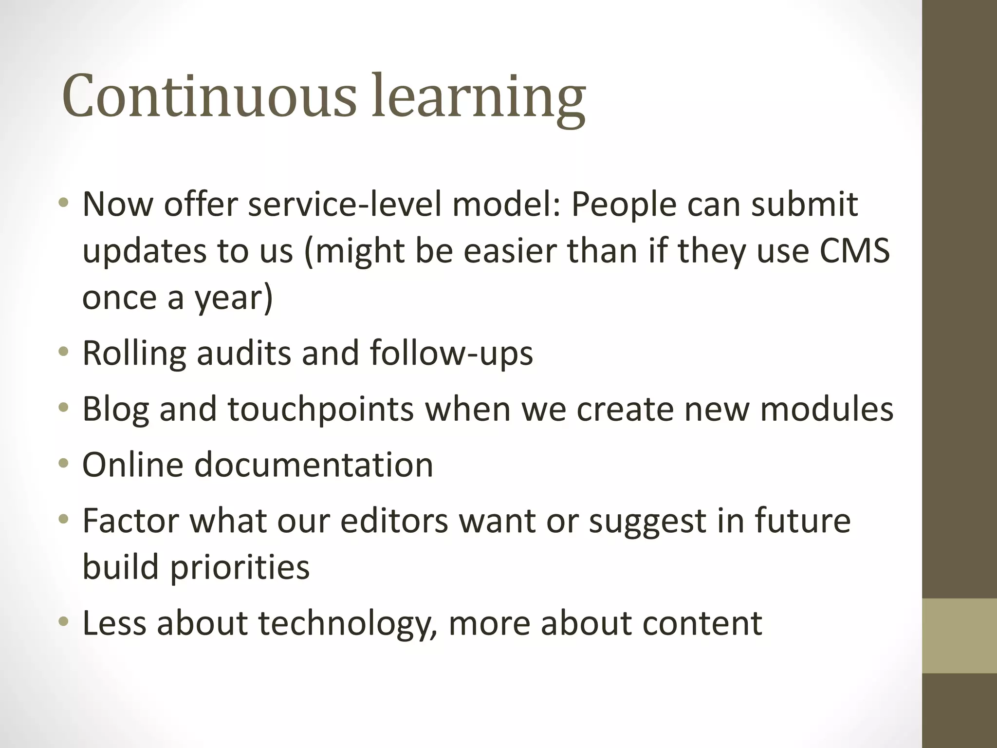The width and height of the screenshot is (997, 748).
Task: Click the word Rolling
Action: [134, 353]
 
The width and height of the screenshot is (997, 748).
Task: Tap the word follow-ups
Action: [451, 353]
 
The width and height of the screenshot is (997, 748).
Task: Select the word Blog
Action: [115, 409]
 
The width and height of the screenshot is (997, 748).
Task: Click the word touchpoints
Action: [321, 409]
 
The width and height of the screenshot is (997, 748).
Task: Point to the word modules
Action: [827, 409]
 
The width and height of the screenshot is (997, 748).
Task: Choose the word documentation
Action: [314, 465]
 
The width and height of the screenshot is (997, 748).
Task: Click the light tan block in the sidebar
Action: [959, 636]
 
